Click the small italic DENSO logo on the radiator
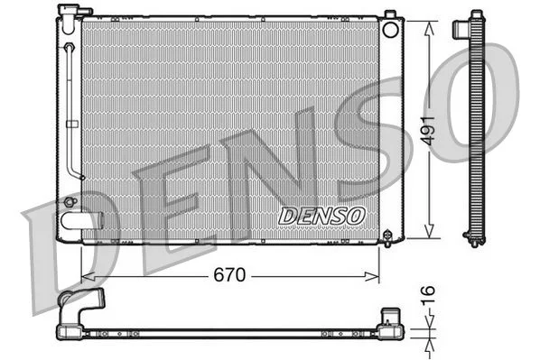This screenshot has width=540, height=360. [321, 216]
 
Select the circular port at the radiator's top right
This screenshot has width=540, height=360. [390, 29]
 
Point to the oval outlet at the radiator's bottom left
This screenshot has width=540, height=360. [75, 219]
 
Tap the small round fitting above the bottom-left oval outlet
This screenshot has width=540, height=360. [70, 201]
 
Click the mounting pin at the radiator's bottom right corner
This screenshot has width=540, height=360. [387, 238]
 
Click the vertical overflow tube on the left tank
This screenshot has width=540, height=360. [71, 108]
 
